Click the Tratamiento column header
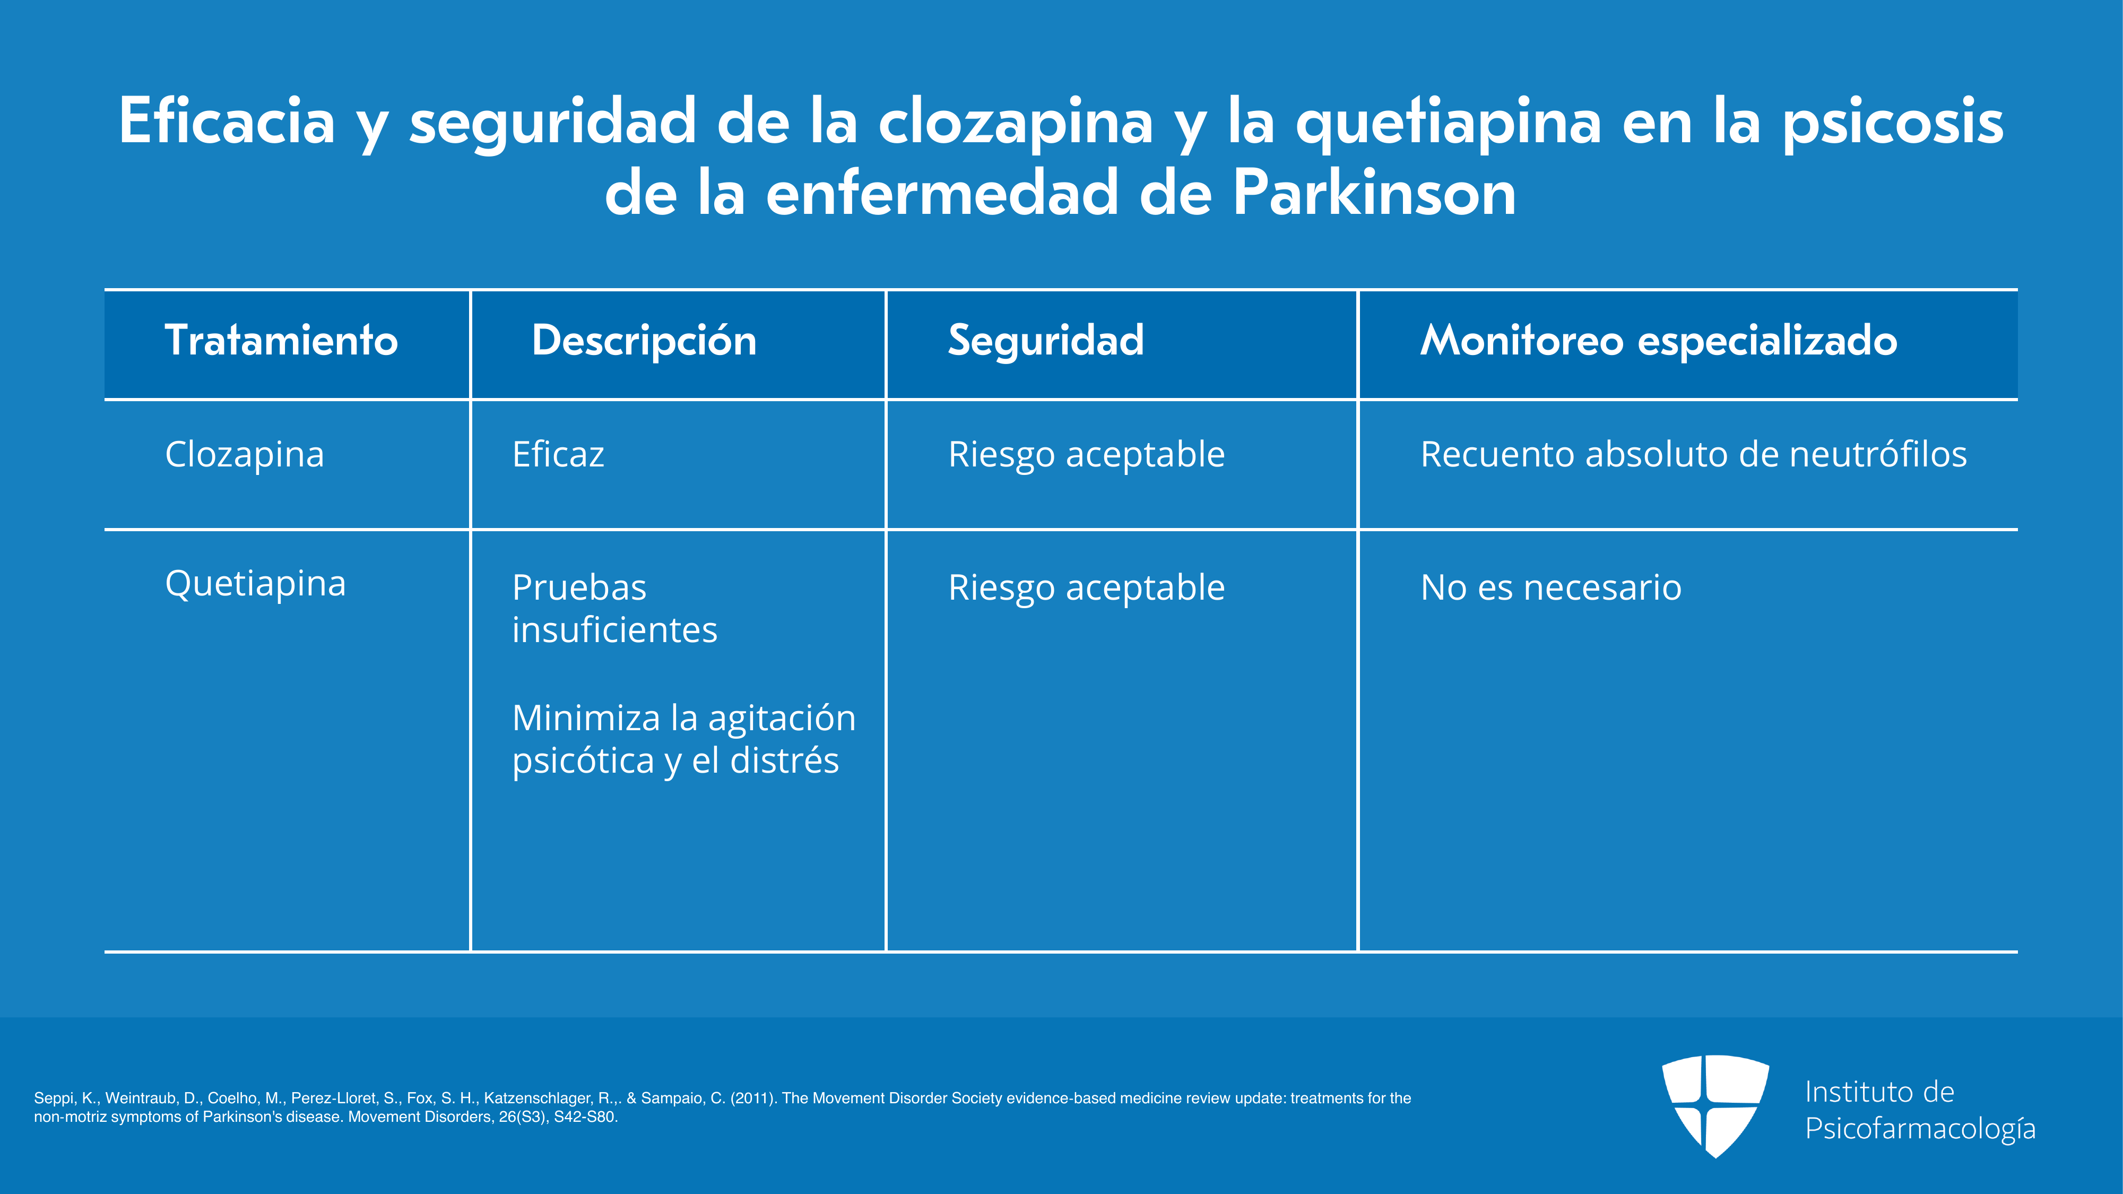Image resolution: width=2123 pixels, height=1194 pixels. pyautogui.click(x=281, y=340)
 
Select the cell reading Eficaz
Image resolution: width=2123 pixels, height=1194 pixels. pyautogui.click(x=558, y=454)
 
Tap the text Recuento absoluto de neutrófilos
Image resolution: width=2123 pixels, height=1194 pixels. pyautogui.click(x=1694, y=454)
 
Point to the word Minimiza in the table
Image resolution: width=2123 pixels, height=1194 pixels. pyautogui.click(x=586, y=717)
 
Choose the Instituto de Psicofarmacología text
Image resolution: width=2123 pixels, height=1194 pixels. pyautogui.click(x=1920, y=1110)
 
